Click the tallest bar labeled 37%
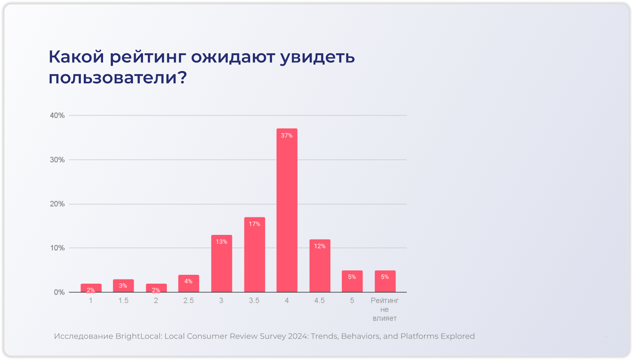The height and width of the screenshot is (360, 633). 287,210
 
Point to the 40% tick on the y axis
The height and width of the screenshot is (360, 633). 57,116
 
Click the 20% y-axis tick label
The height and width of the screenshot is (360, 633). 57,204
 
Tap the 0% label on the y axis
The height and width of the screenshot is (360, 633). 59,292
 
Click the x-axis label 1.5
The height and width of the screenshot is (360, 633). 123,301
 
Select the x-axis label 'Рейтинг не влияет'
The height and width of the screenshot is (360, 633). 385,309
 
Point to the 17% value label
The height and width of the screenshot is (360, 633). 254,224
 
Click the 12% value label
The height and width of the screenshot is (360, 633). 320,246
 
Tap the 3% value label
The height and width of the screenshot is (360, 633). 123,286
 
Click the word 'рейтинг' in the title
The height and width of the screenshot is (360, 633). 148,57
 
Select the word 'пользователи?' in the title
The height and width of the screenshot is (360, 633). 118,78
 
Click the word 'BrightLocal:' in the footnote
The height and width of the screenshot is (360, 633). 139,336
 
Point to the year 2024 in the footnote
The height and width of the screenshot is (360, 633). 298,336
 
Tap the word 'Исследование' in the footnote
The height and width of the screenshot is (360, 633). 83,336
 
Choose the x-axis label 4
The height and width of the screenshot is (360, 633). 287,301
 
